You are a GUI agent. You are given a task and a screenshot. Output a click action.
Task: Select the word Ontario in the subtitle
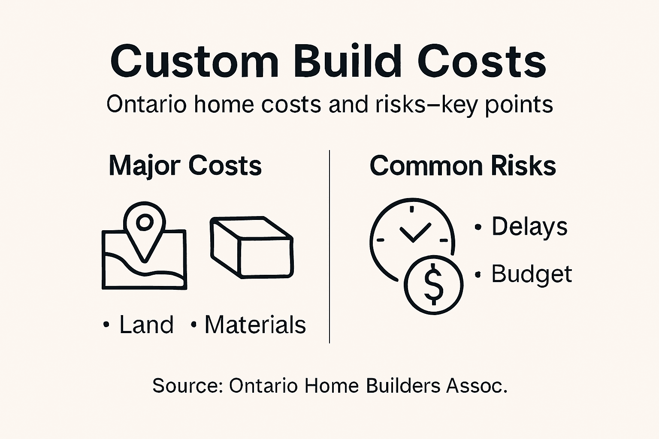146,104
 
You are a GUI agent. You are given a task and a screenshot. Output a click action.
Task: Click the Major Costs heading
185,165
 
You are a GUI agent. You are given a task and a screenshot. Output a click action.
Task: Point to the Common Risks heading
463,165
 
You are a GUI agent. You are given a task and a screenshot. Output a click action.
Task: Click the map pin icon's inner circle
144,222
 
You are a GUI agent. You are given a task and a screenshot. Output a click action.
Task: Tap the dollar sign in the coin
433,284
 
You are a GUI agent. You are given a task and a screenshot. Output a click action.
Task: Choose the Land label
146,325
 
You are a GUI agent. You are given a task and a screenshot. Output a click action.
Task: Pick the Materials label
255,325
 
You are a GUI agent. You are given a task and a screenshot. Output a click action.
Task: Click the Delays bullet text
529,227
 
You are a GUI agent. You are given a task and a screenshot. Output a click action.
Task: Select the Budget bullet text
532,274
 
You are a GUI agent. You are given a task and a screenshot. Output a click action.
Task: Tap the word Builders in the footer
403,385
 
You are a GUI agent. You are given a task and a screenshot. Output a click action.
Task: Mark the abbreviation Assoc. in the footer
477,385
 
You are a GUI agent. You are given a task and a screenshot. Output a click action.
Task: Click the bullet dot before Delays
478,227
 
